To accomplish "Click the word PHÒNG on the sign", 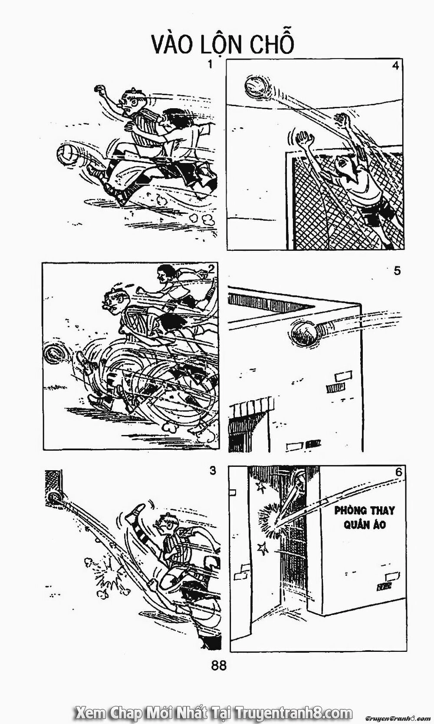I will click(350, 510).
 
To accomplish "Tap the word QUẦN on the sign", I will click(349, 525).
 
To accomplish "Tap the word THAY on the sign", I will click(381, 510).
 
